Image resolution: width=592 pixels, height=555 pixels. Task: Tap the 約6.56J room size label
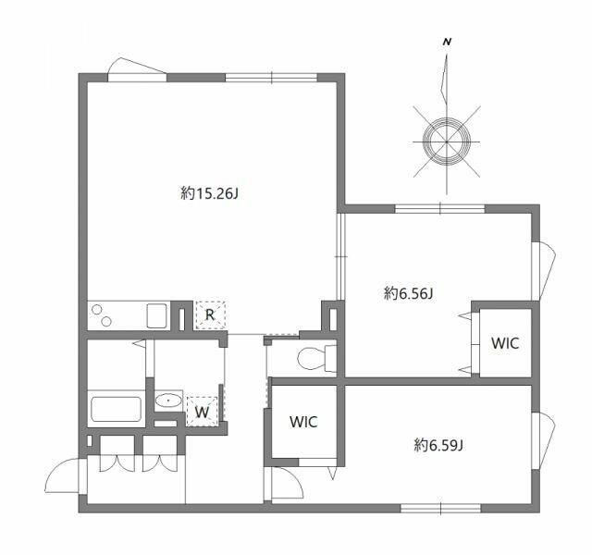(409, 293)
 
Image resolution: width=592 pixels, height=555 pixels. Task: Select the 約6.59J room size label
(438, 445)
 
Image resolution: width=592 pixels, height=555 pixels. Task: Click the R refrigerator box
(210, 315)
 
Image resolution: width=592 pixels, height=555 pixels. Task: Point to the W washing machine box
(202, 411)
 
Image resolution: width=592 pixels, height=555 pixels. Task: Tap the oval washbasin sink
(168, 401)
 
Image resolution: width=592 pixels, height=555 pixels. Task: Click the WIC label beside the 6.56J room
(504, 343)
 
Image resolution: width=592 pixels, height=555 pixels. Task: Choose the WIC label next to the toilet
(303, 422)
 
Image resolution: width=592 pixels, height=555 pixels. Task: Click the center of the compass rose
(447, 140)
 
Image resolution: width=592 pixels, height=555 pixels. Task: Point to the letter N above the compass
(447, 43)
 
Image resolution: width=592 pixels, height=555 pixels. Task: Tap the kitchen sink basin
(155, 315)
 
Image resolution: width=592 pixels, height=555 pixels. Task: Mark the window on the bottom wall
(440, 507)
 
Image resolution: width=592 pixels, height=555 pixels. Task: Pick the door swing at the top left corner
(135, 68)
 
